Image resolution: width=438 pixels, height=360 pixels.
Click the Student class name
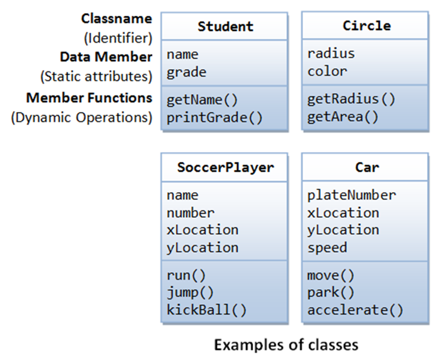point(225,26)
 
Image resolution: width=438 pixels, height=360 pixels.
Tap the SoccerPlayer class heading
point(225,167)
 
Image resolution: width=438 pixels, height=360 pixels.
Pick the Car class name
point(367,167)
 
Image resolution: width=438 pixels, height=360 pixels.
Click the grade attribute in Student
point(186,72)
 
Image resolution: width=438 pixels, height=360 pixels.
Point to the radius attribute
point(331,53)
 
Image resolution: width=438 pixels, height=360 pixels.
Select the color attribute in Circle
point(327,71)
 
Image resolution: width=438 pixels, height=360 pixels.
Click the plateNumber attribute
point(351,195)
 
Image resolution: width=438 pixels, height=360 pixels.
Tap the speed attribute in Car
point(327,248)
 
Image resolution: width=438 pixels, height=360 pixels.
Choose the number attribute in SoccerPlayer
point(191,213)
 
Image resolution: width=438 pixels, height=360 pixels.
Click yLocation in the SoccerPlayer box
point(202,248)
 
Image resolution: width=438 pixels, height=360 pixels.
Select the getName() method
point(202,100)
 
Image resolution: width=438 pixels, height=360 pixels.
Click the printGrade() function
point(214,118)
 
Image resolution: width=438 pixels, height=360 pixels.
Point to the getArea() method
point(343,118)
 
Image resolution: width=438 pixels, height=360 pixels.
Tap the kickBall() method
point(207,310)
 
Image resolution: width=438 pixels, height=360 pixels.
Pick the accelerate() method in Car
point(355,310)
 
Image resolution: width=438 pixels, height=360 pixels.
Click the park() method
point(331,292)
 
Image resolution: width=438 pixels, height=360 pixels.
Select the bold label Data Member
point(106,57)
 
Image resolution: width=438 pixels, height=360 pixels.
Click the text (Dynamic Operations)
point(81,118)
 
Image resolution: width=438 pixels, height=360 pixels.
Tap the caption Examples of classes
point(286,345)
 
